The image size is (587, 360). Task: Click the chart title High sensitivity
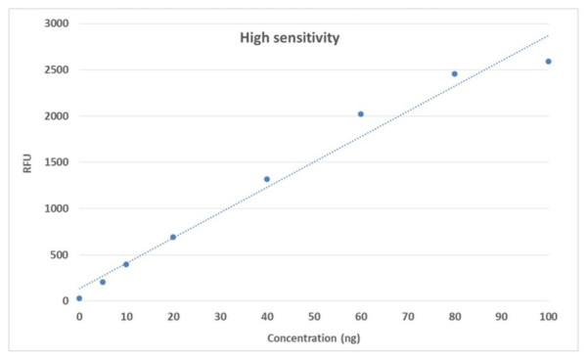290,38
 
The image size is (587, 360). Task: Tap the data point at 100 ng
548,62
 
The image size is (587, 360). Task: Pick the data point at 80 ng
454,73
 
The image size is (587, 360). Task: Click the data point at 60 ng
360,114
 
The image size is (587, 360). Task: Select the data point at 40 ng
267,179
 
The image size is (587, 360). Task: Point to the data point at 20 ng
173,237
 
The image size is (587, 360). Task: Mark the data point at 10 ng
126,264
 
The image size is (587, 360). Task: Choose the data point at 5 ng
103,282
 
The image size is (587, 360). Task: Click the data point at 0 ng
79,298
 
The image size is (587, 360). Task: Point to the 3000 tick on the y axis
59,23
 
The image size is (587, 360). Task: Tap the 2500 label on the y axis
59,69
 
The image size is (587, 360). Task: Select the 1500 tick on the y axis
59,162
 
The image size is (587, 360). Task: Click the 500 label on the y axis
62,254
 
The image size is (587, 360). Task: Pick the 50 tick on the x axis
313,317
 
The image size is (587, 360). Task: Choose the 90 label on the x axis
501,317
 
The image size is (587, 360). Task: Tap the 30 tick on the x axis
220,317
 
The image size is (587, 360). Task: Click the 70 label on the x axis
407,317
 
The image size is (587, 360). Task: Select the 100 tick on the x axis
548,317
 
